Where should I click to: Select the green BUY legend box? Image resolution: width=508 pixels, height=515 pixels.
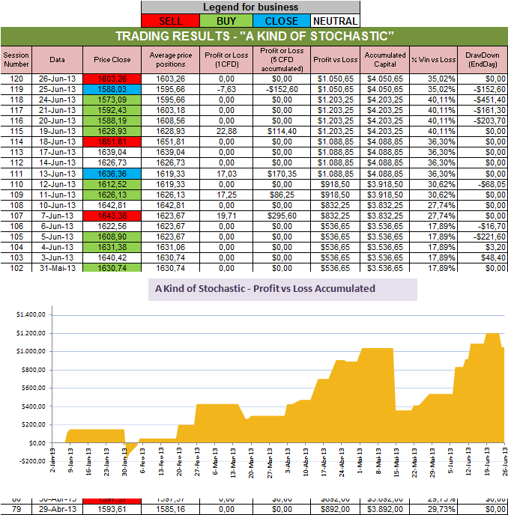(x=230, y=21)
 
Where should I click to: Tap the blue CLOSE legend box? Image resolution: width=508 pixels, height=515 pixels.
(x=282, y=21)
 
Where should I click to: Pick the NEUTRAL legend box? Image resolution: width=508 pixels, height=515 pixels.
(x=335, y=21)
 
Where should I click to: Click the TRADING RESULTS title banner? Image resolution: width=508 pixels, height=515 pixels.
(x=254, y=37)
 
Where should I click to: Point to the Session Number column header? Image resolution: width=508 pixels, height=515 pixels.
(x=15, y=59)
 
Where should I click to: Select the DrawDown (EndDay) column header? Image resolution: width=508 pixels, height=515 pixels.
(x=481, y=59)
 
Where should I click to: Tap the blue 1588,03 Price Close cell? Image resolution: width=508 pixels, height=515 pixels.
(x=111, y=88)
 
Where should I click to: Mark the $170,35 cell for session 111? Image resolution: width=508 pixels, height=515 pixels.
(x=282, y=173)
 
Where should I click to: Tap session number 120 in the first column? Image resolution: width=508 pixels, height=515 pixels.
(x=15, y=78)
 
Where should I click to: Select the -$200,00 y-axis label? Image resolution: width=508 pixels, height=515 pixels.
(x=28, y=461)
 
